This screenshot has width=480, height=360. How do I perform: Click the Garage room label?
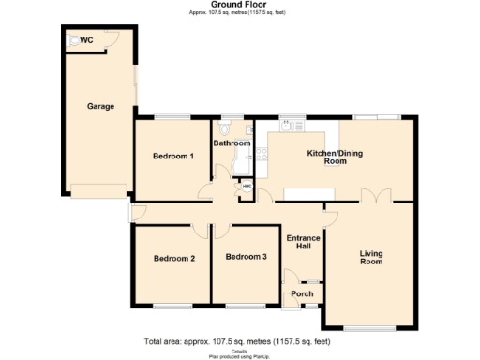click(100, 106)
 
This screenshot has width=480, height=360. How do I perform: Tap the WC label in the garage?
click(86, 41)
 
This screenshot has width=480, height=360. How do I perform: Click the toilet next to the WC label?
click(71, 41)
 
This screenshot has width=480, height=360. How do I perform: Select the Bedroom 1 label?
click(173, 156)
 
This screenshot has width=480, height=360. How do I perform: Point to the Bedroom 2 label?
click(174, 258)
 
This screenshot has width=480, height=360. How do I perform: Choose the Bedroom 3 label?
click(246, 257)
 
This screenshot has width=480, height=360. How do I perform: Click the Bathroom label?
click(232, 143)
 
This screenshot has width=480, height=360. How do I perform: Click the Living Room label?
click(371, 258)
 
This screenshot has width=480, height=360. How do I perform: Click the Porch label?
click(302, 293)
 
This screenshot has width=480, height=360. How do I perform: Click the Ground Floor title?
click(239, 5)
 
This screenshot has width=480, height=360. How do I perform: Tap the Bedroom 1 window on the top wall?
click(173, 116)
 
